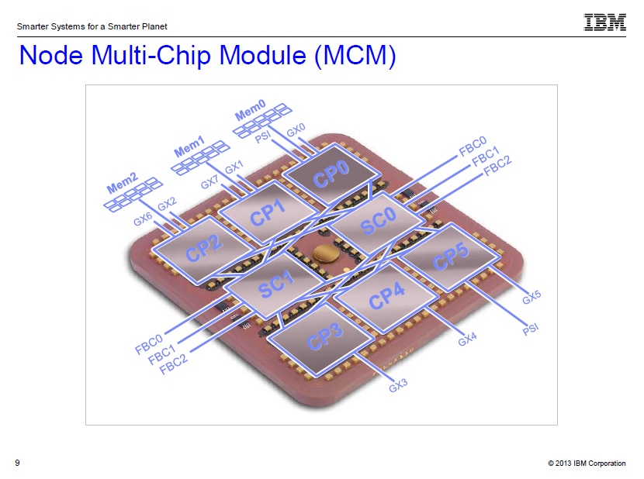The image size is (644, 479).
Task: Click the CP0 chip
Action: click(x=332, y=174)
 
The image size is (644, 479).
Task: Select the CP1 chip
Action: click(x=268, y=212)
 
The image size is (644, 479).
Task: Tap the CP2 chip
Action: click(x=203, y=249)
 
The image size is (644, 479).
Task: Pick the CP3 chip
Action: click(x=324, y=339)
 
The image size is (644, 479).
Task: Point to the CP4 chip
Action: click(x=386, y=297)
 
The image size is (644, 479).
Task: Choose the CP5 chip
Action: click(x=450, y=256)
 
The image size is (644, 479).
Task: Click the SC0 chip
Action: click(x=377, y=222)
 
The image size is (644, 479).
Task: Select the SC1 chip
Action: click(x=276, y=285)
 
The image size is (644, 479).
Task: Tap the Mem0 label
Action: click(x=250, y=109)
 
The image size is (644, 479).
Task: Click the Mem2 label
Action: click(x=122, y=183)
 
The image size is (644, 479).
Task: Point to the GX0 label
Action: click(x=296, y=129)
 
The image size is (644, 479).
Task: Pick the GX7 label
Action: click(x=209, y=181)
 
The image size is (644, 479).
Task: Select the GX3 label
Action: click(x=398, y=385)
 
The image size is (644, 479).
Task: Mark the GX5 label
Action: click(x=531, y=297)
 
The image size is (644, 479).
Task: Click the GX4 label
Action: click(x=467, y=339)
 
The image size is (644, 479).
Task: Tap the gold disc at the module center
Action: click(x=326, y=253)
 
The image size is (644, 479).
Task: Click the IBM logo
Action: click(x=604, y=22)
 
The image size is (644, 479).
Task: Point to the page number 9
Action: click(x=17, y=463)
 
